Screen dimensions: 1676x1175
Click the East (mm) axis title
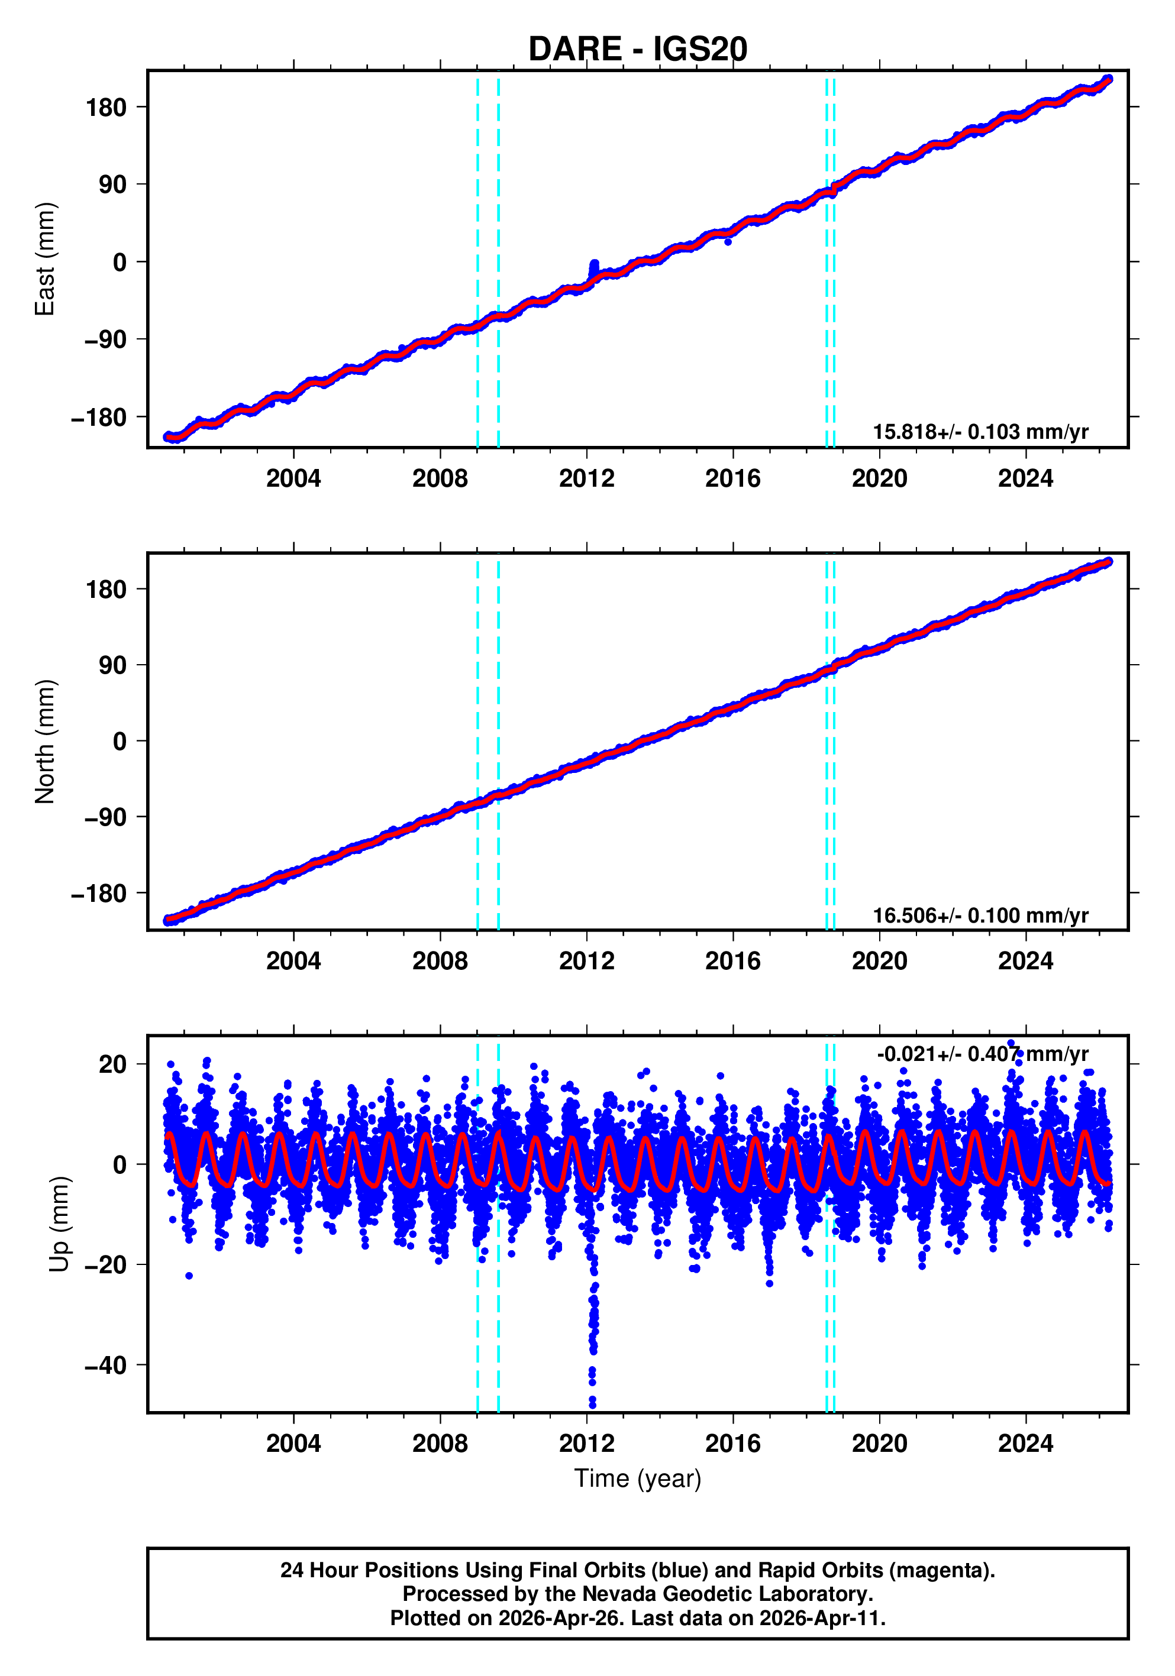point(46,259)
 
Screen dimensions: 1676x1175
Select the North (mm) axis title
point(46,742)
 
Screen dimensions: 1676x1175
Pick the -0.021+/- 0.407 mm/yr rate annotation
point(982,1054)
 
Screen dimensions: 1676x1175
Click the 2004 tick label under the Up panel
point(293,1444)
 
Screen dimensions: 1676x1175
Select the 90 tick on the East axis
point(112,185)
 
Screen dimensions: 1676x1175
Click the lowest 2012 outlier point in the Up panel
point(592,1405)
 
